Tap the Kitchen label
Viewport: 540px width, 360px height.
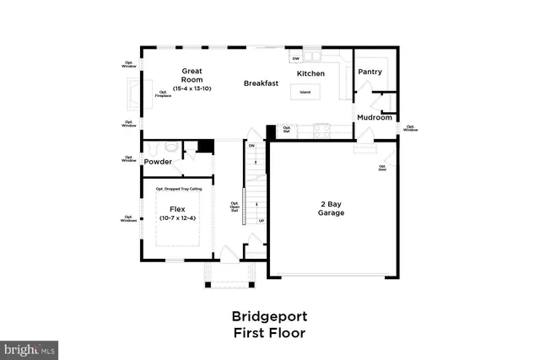310,74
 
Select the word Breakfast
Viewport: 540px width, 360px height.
262,83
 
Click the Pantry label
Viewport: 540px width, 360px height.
370,73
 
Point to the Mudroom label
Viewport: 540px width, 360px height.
375,117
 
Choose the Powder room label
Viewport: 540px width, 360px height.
158,161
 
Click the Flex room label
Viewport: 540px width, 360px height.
177,208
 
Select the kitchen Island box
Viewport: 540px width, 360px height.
305,91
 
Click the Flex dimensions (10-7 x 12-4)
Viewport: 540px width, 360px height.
177,218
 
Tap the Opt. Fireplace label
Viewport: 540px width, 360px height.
162,94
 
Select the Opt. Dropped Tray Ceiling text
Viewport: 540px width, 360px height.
179,189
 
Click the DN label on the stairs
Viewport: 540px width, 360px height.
251,145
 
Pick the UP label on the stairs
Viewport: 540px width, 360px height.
261,221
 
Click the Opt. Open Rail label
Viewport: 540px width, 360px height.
235,207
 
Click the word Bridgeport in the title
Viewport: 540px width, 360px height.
269,317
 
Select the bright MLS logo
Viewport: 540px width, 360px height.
30,347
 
